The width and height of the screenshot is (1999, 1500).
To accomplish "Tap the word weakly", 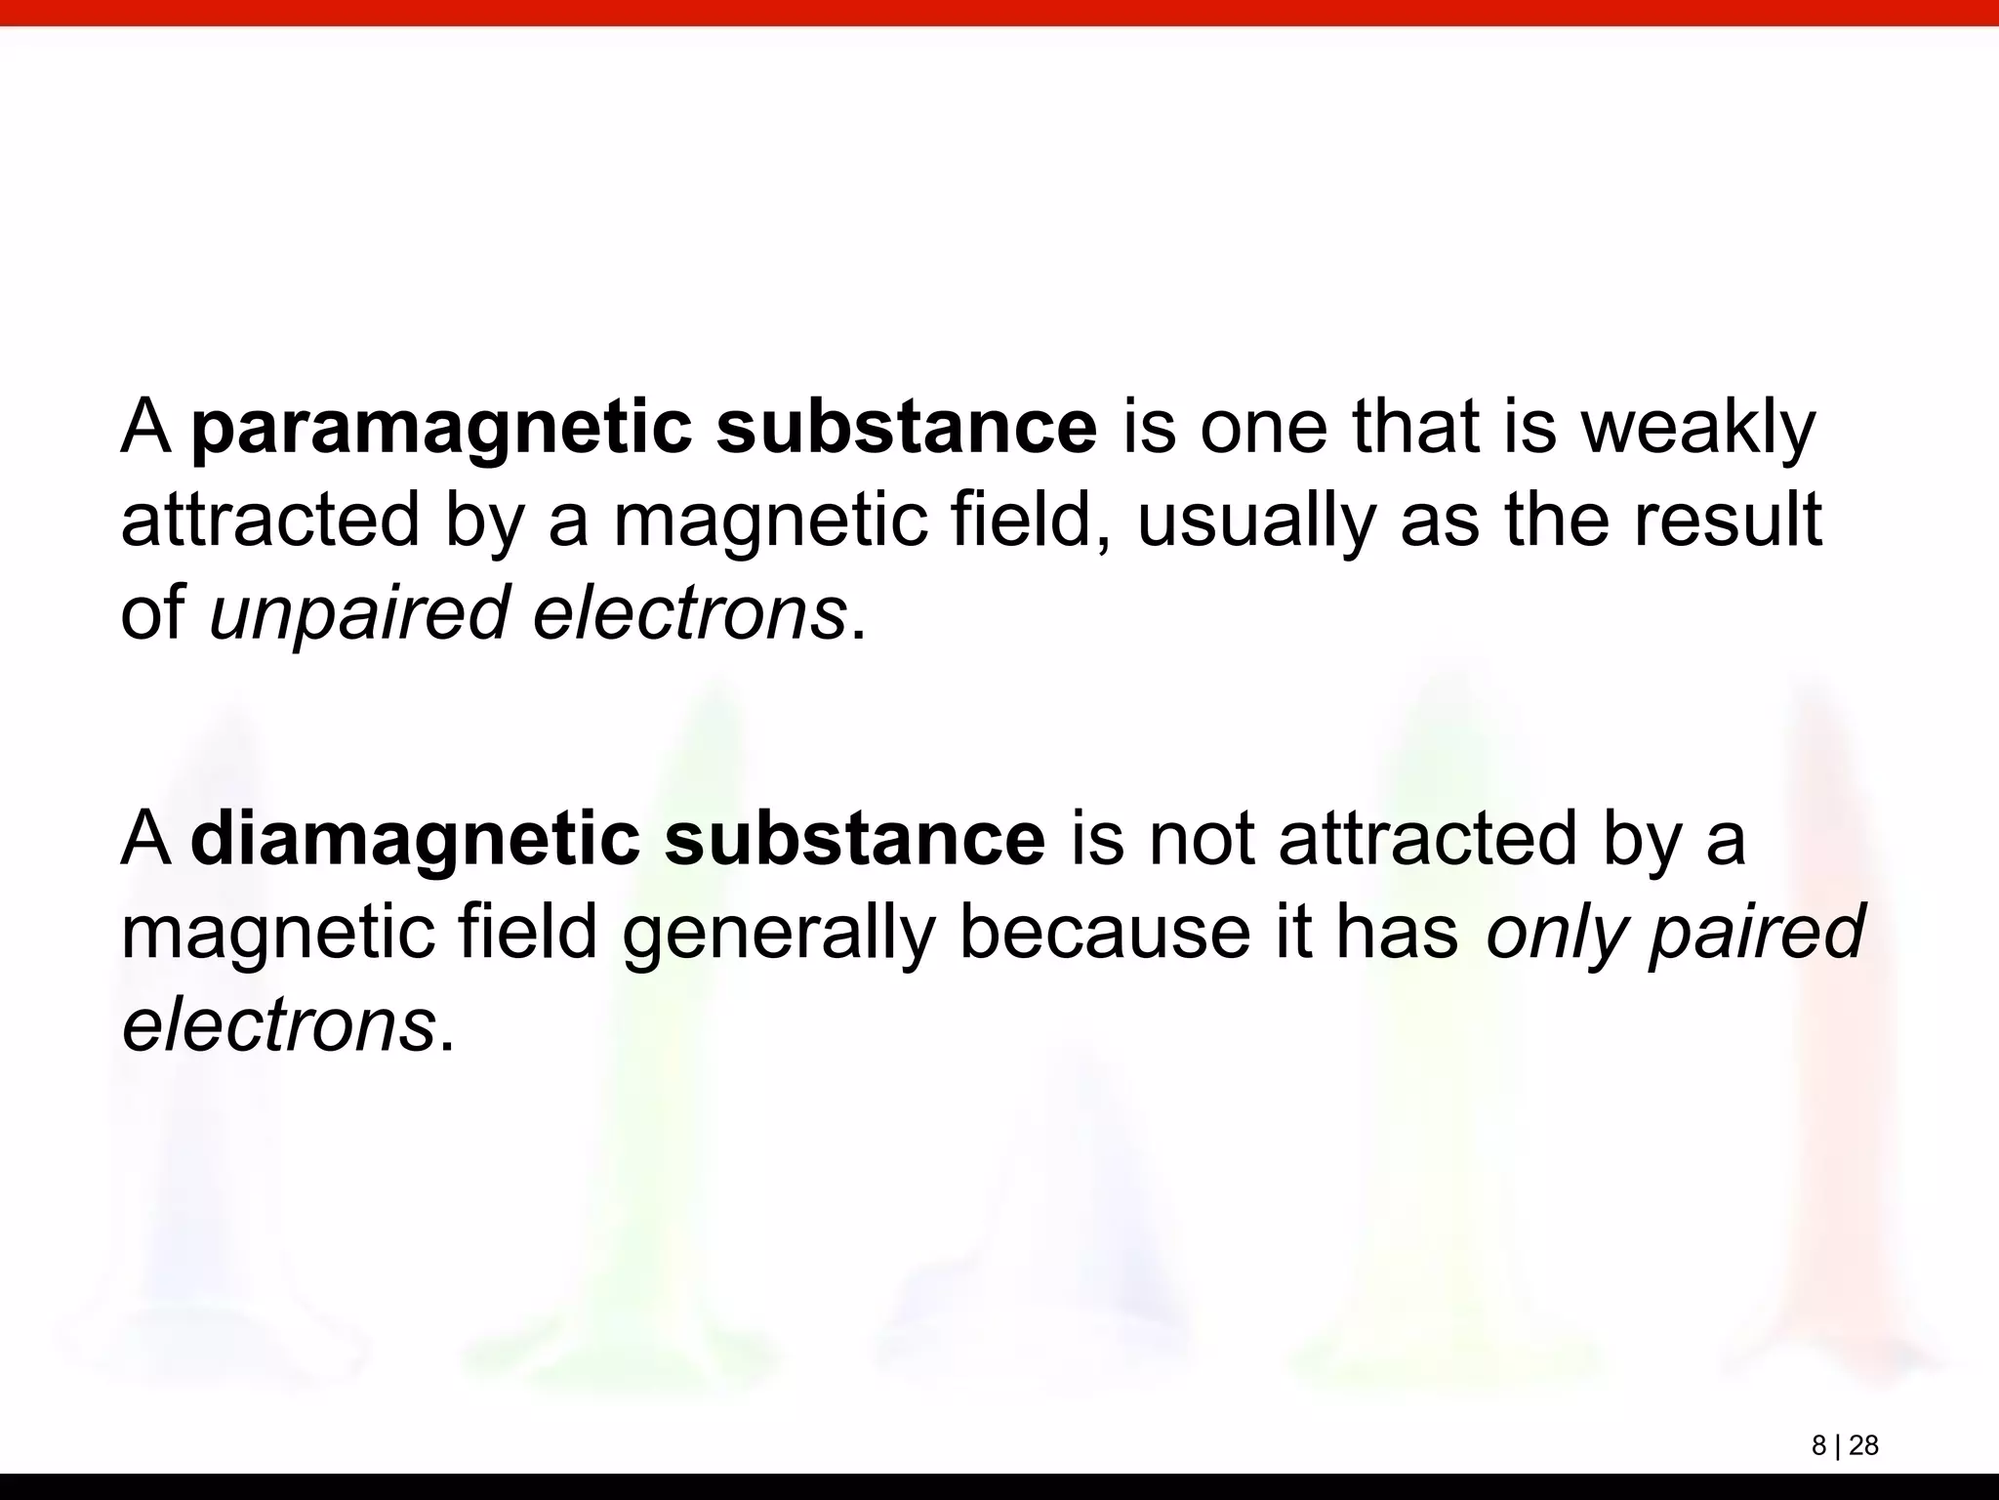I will tap(1698, 430).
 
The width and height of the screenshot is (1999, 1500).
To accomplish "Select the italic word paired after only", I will tap(1757, 934).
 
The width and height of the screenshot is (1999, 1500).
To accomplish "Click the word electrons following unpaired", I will tap(689, 614).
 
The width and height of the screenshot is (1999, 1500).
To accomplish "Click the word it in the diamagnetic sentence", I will tap(1291, 932).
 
